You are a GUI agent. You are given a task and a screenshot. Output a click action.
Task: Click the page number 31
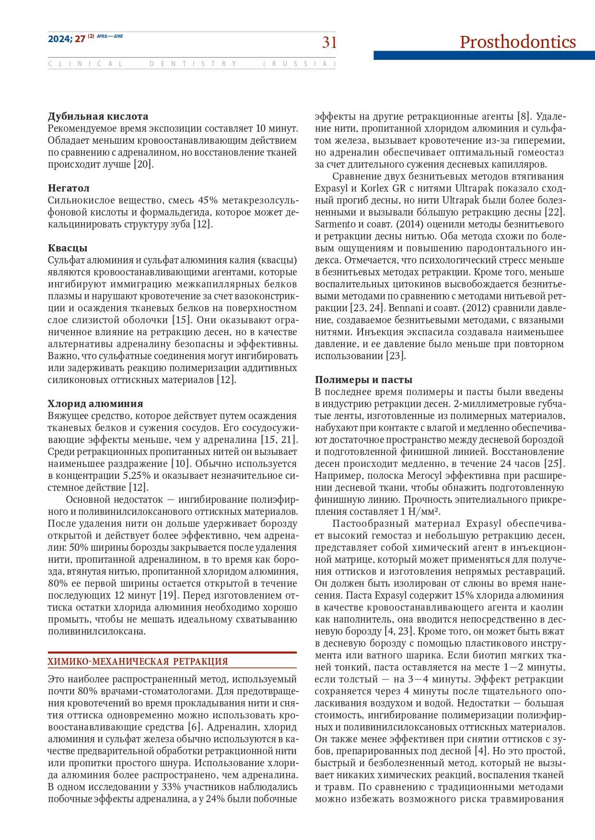tap(329, 43)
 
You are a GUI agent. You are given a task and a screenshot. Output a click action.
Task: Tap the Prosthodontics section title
tap(517, 42)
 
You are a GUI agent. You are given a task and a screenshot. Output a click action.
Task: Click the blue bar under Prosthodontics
tap(484, 56)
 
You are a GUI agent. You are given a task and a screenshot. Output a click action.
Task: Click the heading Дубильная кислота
tap(98, 116)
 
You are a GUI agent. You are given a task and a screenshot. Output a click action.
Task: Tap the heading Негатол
tap(69, 188)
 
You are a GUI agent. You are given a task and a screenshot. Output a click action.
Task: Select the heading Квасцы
tap(68, 248)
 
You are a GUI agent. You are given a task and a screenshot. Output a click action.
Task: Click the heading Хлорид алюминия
tap(95, 404)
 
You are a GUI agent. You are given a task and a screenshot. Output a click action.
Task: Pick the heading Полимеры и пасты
tap(363, 380)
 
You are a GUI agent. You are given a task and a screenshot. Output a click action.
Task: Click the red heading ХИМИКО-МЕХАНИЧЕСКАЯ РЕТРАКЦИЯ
tap(138, 661)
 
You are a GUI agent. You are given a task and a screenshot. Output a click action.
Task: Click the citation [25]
tap(555, 464)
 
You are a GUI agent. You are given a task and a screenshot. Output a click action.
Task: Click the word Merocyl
tap(425, 476)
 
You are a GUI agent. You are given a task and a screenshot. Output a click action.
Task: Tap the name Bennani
tap(405, 308)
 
